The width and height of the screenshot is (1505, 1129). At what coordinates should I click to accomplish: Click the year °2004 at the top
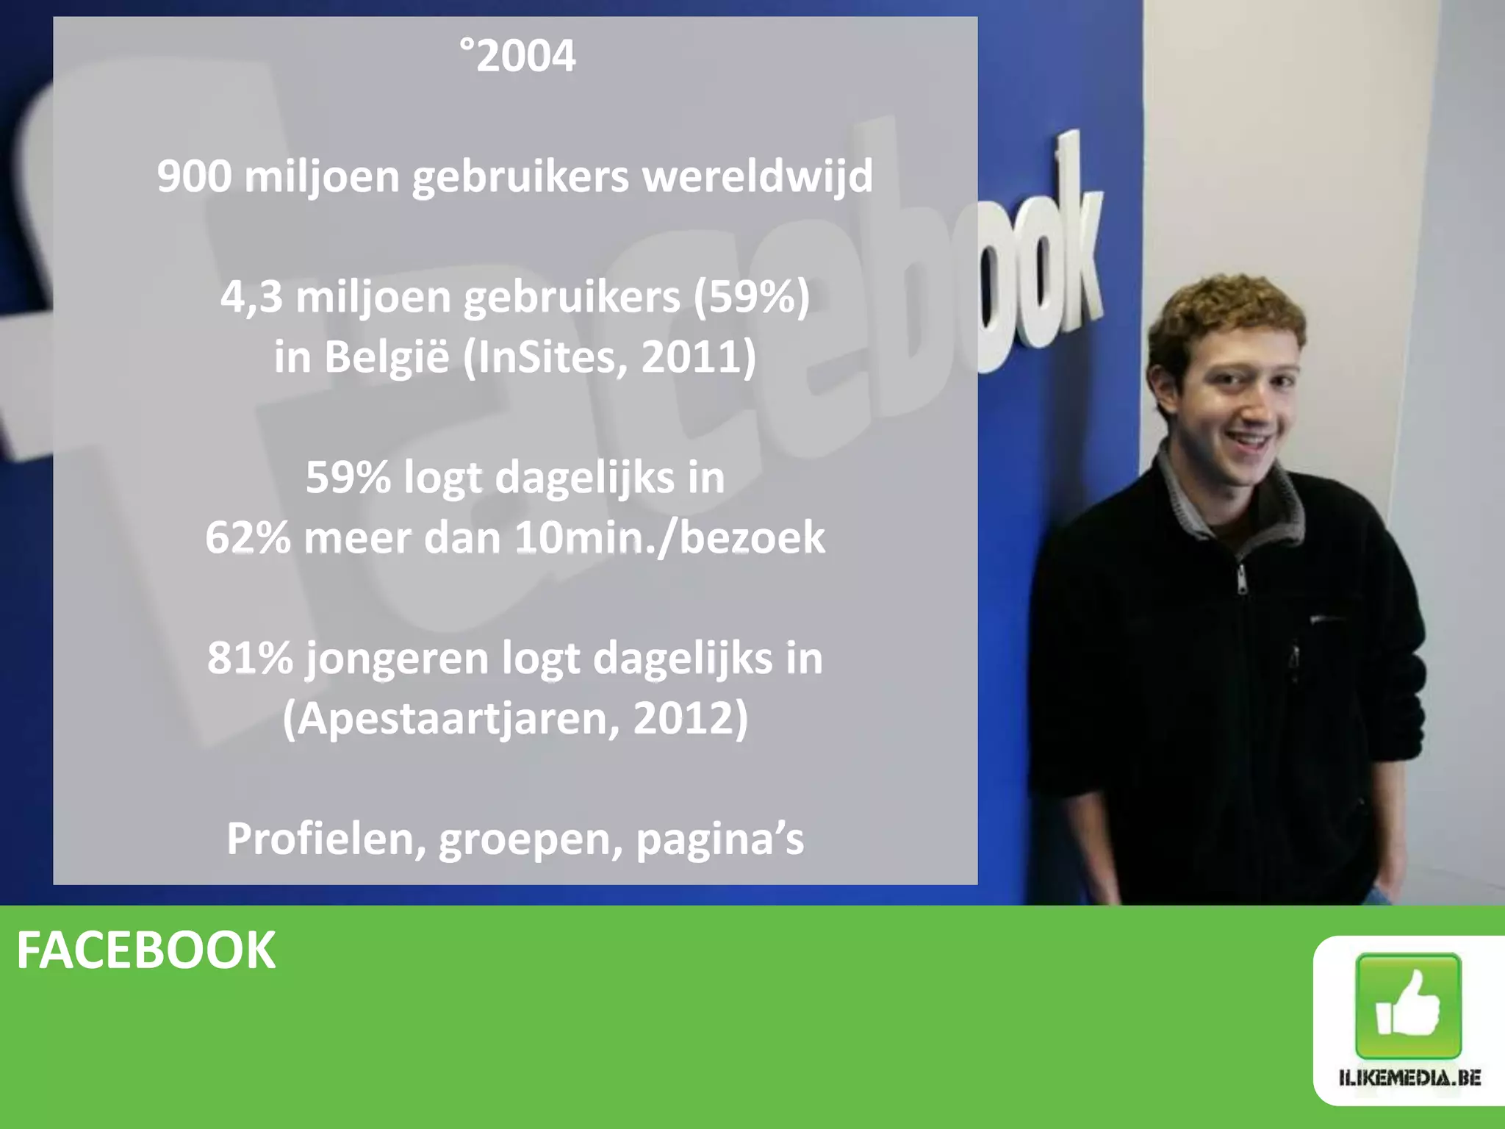click(x=518, y=56)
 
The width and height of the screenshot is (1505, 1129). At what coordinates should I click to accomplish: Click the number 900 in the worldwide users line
click(x=194, y=176)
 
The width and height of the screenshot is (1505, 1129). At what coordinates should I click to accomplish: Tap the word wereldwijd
click(x=758, y=176)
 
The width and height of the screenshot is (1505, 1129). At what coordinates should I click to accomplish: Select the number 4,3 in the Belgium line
click(x=251, y=297)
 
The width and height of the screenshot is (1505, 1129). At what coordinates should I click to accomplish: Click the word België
click(x=387, y=357)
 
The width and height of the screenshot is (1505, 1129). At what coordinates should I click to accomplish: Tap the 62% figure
click(x=248, y=538)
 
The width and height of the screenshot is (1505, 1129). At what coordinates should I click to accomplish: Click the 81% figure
click(x=250, y=658)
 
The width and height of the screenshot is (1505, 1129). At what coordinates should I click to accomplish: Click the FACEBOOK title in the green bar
click(x=146, y=950)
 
